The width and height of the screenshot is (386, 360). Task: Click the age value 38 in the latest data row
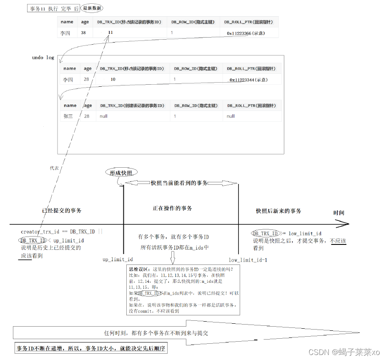tap(84, 33)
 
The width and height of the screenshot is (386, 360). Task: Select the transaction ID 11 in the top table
tap(110, 33)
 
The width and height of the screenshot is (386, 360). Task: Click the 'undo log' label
tap(43, 58)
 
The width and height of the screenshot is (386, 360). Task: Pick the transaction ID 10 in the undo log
tap(113, 79)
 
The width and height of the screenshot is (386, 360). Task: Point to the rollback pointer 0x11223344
tap(248, 80)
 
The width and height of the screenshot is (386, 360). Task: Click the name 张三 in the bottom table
tap(68, 116)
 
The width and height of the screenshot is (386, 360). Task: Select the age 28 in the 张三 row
tap(87, 116)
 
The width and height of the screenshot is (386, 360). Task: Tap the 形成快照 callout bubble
tap(121, 172)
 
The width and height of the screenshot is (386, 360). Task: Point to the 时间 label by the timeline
tap(339, 213)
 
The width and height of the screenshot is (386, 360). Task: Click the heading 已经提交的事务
tap(62, 210)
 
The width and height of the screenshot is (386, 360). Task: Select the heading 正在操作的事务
tap(172, 208)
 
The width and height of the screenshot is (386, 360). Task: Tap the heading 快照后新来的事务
tap(278, 211)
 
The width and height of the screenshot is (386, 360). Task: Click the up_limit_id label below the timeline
tap(118, 259)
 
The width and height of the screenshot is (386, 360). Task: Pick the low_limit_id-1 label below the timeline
tap(248, 259)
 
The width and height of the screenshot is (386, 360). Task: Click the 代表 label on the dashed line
tap(54, 168)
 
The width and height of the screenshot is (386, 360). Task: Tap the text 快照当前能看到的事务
tap(179, 183)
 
